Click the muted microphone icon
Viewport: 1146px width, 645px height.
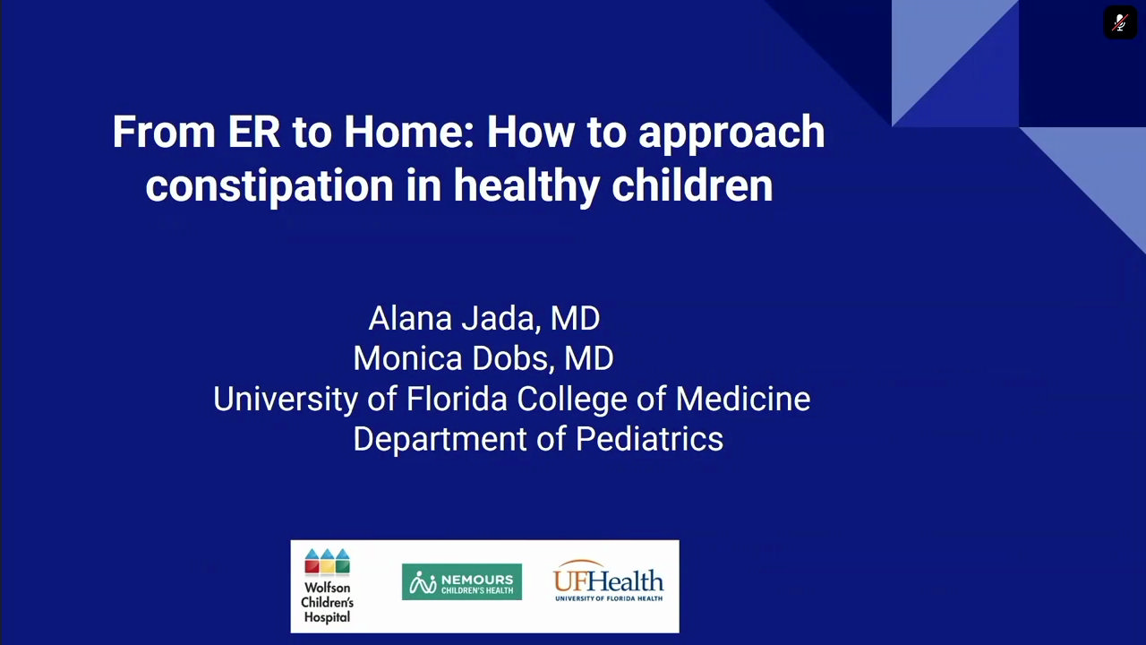pyautogui.click(x=1119, y=22)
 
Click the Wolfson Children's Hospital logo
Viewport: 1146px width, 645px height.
pyautogui.click(x=327, y=587)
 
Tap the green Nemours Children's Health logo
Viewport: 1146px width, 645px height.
pyautogui.click(x=461, y=582)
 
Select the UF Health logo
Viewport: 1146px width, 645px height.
pyautogui.click(x=608, y=581)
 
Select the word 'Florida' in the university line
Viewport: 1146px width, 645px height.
pyautogui.click(x=457, y=399)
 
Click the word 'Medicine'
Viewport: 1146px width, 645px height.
pyautogui.click(x=742, y=399)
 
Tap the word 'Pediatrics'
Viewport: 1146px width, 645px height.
pyautogui.click(x=649, y=439)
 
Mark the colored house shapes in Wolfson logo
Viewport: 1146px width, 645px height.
pyautogui.click(x=327, y=562)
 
